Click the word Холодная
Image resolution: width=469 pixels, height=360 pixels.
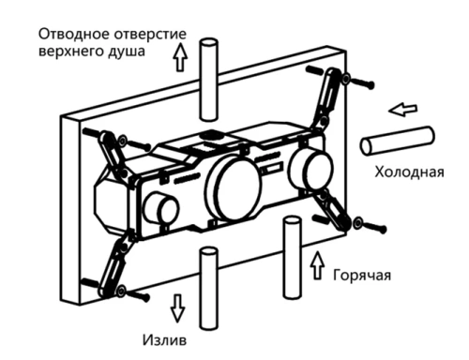(x=409, y=172)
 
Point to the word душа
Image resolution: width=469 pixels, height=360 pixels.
(x=127, y=52)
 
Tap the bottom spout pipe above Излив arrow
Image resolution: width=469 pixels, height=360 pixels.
(x=208, y=281)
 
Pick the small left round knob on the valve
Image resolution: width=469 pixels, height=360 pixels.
(x=165, y=212)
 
